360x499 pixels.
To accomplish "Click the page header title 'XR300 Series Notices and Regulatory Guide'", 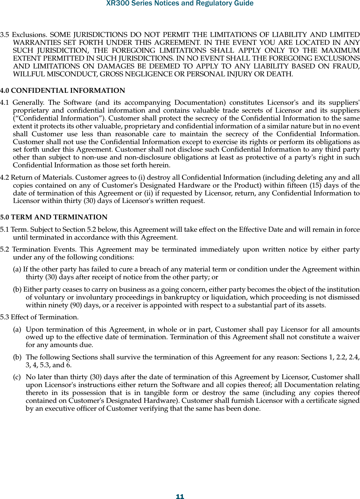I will pos(180,4).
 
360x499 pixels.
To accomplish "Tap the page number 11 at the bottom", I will pos(180,497).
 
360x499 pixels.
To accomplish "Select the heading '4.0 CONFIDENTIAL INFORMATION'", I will pos(63,91).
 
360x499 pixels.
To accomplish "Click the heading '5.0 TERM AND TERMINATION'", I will pos(54,217).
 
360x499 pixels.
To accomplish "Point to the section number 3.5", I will pos(5,35).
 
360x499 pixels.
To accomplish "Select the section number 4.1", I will pos(5,103).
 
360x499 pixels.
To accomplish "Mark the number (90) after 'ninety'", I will pos(76,305).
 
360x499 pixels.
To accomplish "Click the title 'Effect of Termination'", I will pos(44,317).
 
